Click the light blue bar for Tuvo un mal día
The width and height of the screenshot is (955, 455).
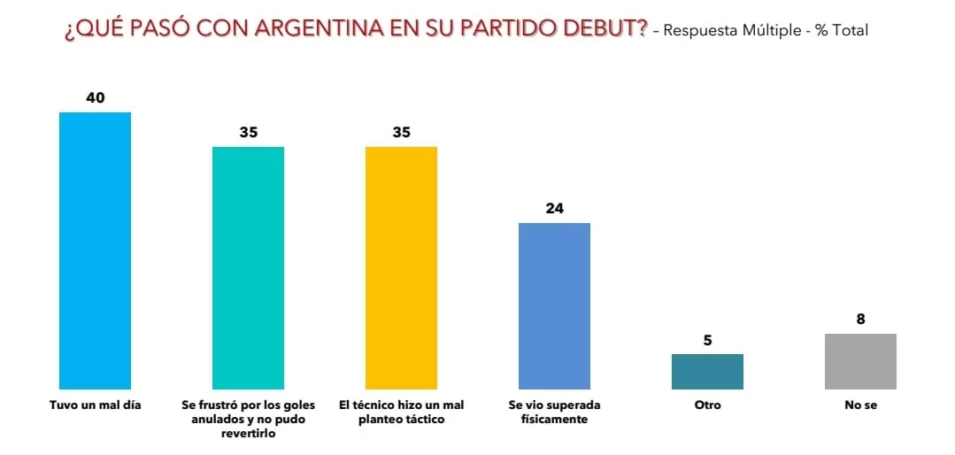(x=95, y=251)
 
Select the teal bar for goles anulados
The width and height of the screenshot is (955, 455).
(x=248, y=267)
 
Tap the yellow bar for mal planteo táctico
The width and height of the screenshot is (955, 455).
(x=401, y=267)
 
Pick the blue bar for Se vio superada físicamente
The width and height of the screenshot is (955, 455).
(x=554, y=305)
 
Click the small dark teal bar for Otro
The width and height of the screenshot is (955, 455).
(x=707, y=372)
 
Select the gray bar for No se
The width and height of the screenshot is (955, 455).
(x=860, y=361)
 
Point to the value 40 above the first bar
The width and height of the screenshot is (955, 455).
(x=95, y=97)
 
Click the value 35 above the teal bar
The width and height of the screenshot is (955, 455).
(x=248, y=133)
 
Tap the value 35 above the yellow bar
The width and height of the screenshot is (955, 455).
(x=401, y=133)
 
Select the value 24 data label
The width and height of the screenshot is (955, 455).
(x=554, y=209)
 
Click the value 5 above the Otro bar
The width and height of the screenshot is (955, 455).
(x=707, y=340)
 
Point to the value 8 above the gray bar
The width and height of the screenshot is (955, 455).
(x=860, y=320)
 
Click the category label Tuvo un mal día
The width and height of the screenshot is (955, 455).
(x=95, y=405)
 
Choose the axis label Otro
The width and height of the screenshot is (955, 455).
(x=707, y=405)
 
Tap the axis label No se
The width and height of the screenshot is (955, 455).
(x=860, y=405)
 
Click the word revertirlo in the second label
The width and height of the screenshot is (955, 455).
(x=248, y=434)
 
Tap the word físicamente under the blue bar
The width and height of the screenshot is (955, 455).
(x=554, y=420)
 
